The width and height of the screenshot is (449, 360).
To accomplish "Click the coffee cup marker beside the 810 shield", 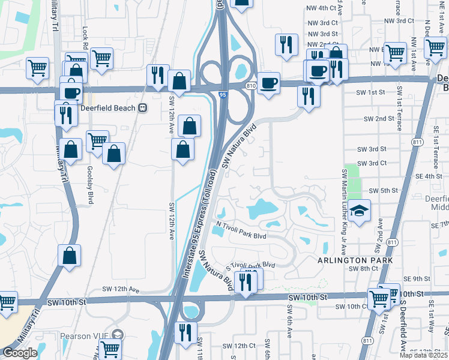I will (x=270, y=83).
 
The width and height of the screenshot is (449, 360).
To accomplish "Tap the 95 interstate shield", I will (x=223, y=94).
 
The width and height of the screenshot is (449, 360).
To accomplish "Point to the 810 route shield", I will (x=251, y=86).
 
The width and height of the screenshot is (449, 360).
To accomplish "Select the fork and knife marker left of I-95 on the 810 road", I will (x=157, y=75).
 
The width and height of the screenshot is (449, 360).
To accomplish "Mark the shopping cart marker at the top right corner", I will (x=434, y=48).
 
